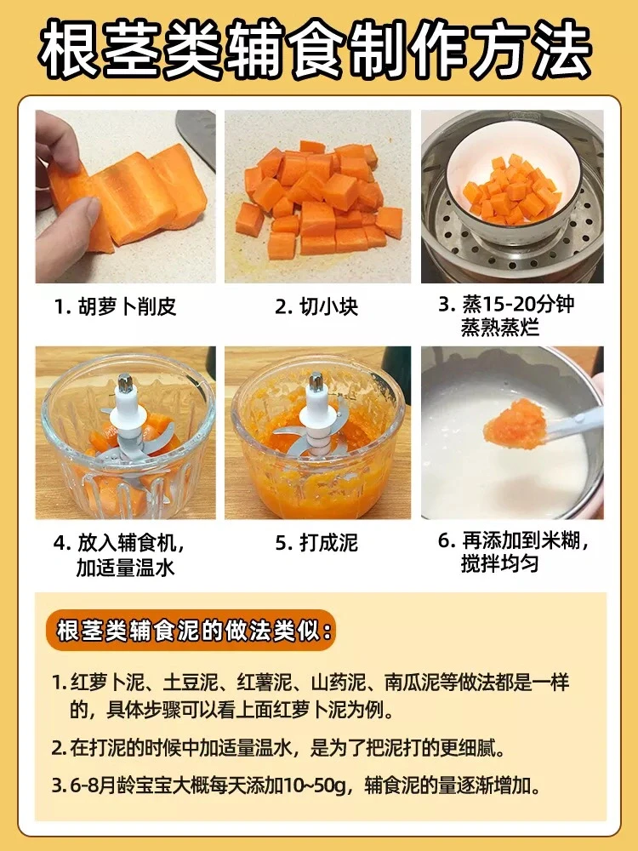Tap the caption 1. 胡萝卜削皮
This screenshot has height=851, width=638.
pyautogui.click(x=115, y=306)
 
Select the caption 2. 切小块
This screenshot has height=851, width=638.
pyautogui.click(x=316, y=306)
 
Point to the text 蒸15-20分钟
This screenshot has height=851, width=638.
pyautogui.click(x=517, y=304)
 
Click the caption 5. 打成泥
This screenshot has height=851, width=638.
pyautogui.click(x=316, y=543)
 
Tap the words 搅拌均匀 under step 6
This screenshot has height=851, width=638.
pyautogui.click(x=499, y=564)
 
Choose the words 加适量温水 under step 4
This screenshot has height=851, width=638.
pyautogui.click(x=125, y=567)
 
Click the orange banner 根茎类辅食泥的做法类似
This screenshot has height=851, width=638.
pyautogui.click(x=191, y=631)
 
